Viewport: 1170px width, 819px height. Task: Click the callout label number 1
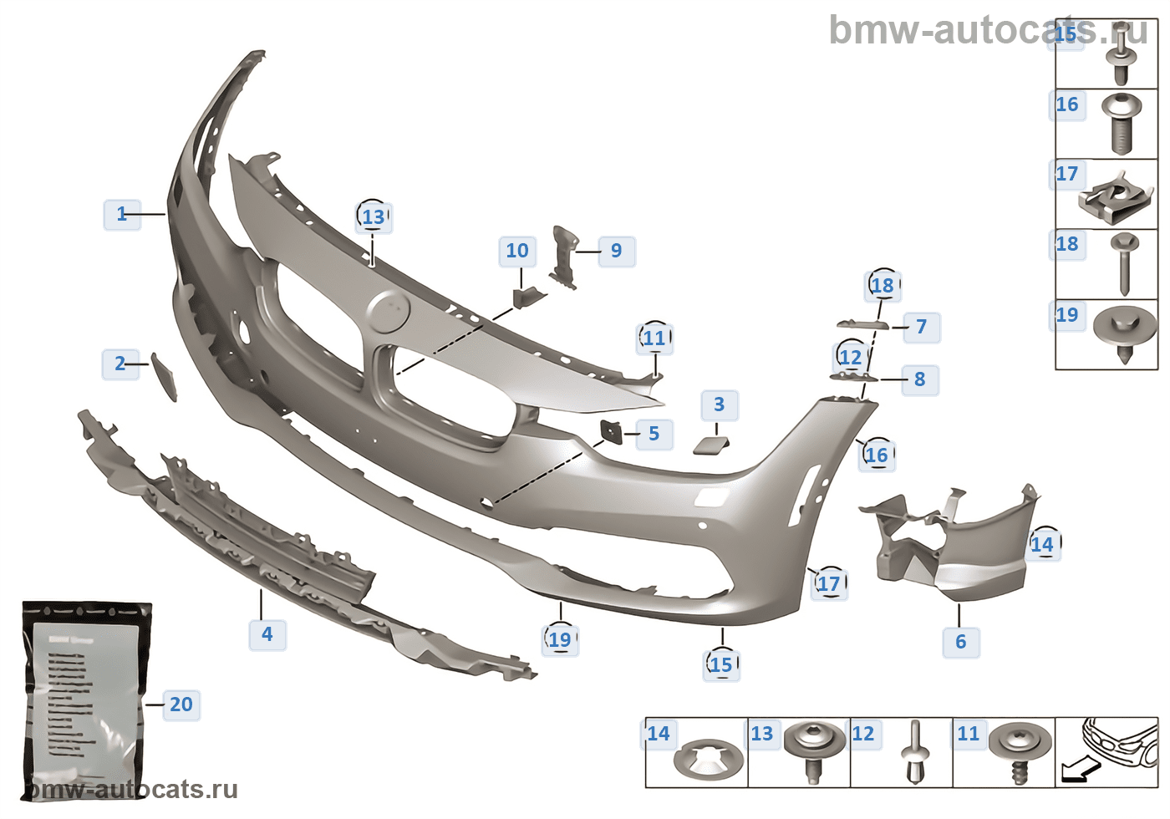122,214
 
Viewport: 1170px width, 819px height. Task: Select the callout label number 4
267,634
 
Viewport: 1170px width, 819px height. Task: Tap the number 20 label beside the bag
181,705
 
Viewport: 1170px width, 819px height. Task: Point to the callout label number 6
960,642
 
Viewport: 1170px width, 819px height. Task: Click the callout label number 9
616,251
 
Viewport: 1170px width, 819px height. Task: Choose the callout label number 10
517,251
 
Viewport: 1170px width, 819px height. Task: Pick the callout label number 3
719,404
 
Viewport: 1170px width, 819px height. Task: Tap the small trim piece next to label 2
164,377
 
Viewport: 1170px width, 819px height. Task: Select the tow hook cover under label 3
711,445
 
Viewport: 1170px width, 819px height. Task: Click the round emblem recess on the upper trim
389,313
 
